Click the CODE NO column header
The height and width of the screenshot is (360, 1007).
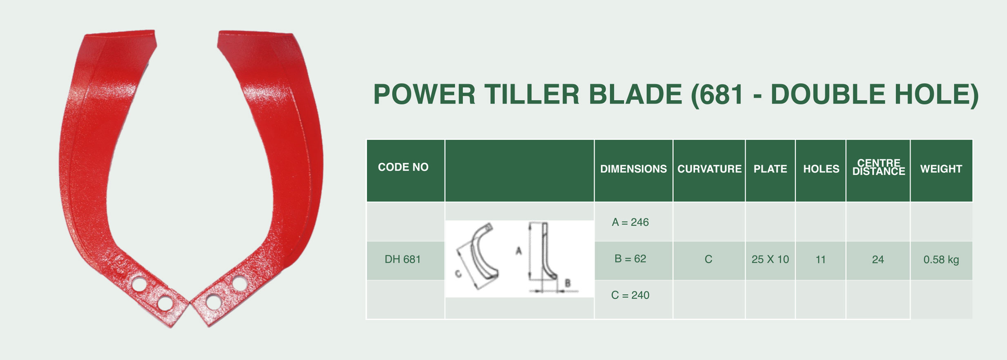coord(403,167)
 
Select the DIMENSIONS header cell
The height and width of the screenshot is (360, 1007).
coord(633,169)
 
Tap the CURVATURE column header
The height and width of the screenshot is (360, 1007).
coord(709,169)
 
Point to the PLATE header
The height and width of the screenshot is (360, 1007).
coord(770,169)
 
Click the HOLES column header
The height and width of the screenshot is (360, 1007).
coord(821,169)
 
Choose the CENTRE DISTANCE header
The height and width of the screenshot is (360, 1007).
coord(879,167)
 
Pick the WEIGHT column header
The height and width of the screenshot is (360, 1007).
coord(941,169)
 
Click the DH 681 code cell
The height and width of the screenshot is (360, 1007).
coord(403,259)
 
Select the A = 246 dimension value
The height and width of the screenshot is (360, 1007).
coord(630,222)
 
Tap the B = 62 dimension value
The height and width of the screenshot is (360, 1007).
coord(630,259)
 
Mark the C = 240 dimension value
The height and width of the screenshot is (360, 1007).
coord(630,295)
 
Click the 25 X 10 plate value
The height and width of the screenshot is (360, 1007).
coord(770,259)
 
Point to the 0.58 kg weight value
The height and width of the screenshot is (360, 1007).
coord(941,260)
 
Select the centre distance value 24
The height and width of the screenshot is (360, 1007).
coord(878,259)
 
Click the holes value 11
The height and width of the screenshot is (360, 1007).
coord(821,259)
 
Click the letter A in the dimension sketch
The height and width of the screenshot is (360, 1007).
coord(519,251)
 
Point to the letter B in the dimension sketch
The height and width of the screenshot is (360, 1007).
coord(568,282)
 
